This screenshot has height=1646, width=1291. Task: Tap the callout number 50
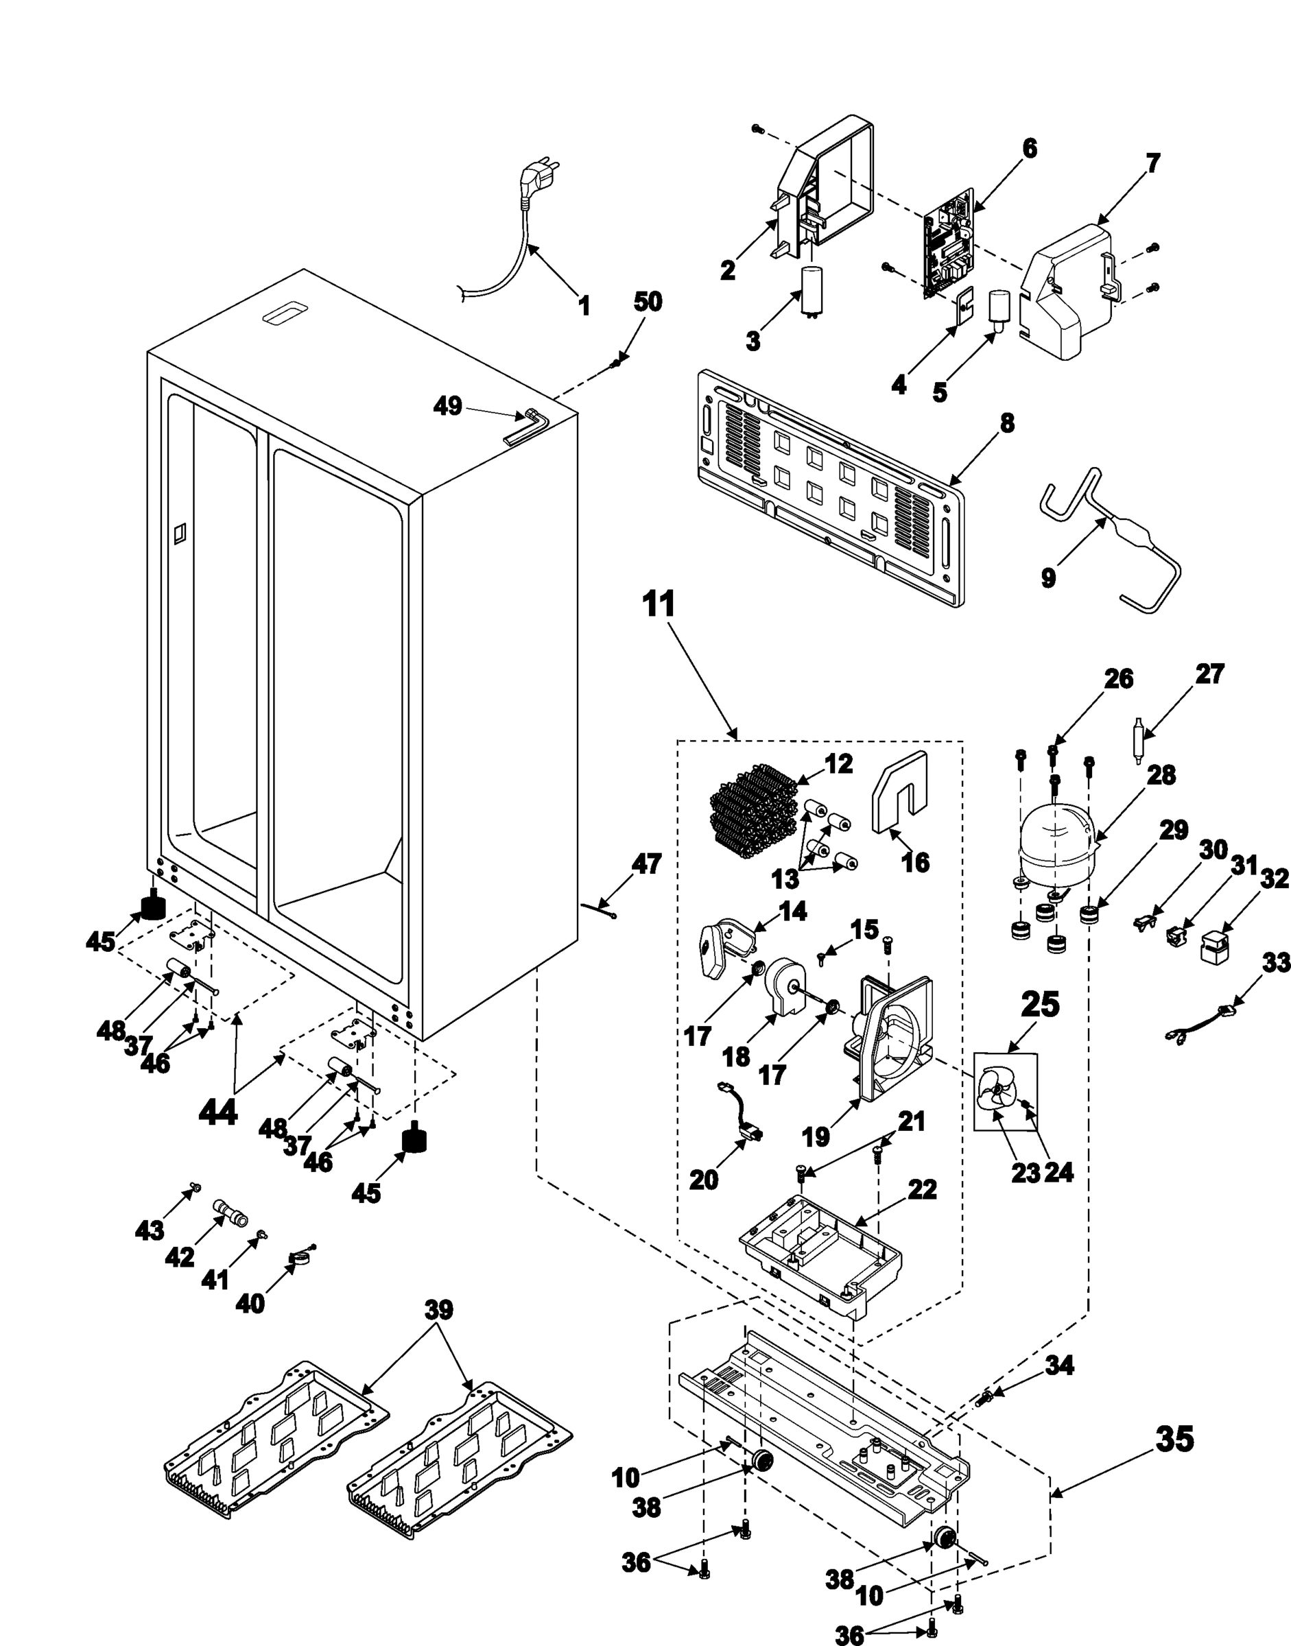click(x=647, y=302)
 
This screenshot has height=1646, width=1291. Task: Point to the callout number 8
click(x=1007, y=423)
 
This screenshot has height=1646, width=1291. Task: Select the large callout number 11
click(x=659, y=606)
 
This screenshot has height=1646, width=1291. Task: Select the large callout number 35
click(x=1175, y=1440)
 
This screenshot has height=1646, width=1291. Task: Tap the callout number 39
click(x=438, y=1310)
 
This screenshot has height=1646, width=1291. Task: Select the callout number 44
click(x=217, y=1113)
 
